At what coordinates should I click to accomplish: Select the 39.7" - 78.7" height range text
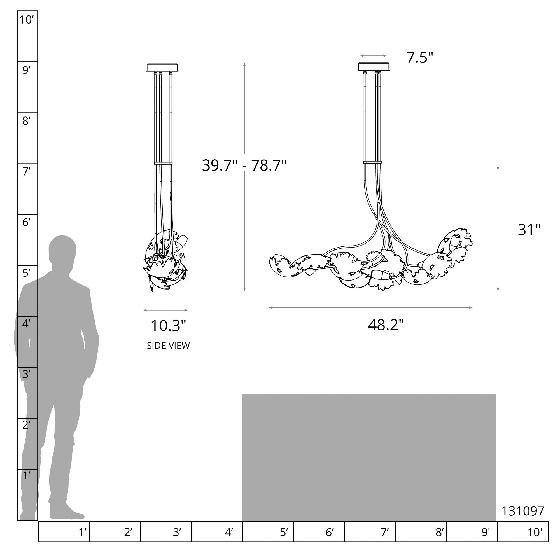point(244,165)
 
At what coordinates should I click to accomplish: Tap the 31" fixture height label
point(529,230)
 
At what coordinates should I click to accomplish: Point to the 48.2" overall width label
point(386,325)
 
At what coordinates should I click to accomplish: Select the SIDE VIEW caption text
point(168,346)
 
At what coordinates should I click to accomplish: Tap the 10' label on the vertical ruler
point(27,20)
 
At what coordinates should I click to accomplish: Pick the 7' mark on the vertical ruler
point(26,172)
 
